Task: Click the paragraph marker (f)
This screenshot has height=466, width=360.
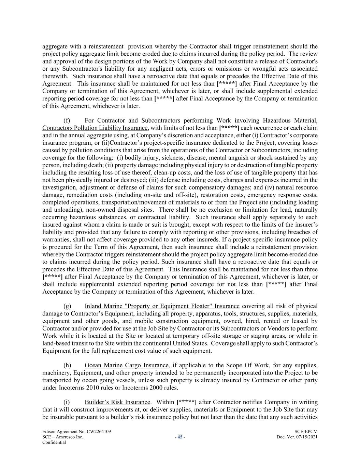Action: [67, 121]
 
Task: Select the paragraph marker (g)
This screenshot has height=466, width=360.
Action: [67, 306]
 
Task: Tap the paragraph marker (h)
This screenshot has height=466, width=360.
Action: [67, 366]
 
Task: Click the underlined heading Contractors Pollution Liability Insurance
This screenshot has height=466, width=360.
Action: [95, 128]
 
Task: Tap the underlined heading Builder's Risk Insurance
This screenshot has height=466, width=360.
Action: [117, 403]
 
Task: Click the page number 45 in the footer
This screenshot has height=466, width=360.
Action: [180, 437]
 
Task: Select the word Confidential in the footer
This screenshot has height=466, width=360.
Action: [54, 442]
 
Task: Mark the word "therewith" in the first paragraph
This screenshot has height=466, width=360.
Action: [55, 76]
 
